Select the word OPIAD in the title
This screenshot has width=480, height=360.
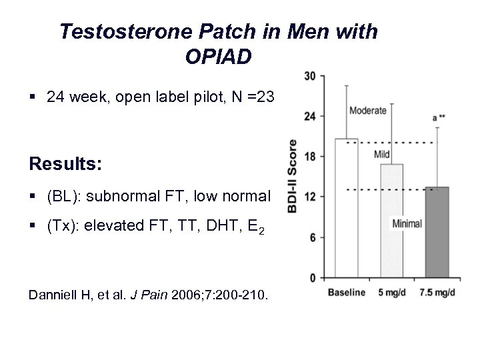coord(219,57)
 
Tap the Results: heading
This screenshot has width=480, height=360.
coord(65,163)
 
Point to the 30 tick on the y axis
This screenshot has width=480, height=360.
coord(309,76)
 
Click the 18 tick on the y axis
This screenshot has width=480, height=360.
coord(309,157)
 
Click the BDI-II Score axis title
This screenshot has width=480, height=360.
coord(292,176)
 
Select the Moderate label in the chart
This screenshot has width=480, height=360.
coord(367,111)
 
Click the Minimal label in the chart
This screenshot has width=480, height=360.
coord(407,224)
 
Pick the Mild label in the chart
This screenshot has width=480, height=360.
coord(382,155)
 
